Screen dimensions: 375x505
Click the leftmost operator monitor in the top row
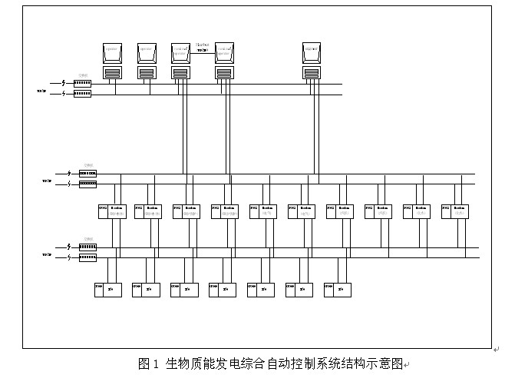pyautogui.click(x=113, y=52)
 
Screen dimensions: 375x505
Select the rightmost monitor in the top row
pyautogui.click(x=311, y=52)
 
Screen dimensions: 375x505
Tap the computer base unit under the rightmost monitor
pyautogui.click(x=311, y=72)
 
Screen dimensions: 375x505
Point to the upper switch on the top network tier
pyautogui.click(x=82, y=83)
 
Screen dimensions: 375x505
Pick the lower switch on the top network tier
pyautogui.click(x=82, y=94)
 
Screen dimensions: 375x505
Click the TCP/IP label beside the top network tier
pyautogui.click(x=41, y=90)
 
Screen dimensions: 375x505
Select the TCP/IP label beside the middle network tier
pyautogui.click(x=46, y=181)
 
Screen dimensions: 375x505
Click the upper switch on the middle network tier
pyautogui.click(x=87, y=174)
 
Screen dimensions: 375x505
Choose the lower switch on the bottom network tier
pyautogui.click(x=87, y=258)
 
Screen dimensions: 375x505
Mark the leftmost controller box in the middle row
pyautogui.click(x=111, y=211)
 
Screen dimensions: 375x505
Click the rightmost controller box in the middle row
pyautogui.click(x=456, y=211)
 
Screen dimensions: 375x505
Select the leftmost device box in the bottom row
pyautogui.click(x=107, y=290)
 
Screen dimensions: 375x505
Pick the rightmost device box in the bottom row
pyautogui.click(x=338, y=290)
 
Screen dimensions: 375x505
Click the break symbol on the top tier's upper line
pyautogui.click(x=63, y=83)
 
